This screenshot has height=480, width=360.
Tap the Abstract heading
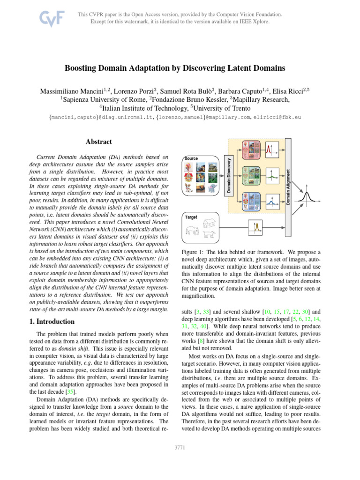pos(99,142)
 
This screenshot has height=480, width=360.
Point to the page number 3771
pos(180,448)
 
